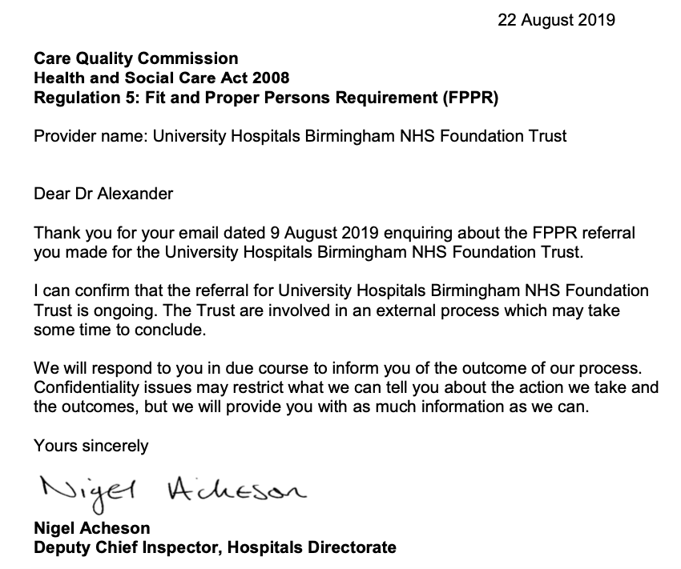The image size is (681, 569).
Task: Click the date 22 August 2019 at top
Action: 556,20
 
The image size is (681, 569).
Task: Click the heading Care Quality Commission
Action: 135,58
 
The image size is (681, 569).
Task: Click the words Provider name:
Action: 90,136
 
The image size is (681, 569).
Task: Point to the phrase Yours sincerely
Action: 91,446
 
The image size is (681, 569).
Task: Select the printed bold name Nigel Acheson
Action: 91,529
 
